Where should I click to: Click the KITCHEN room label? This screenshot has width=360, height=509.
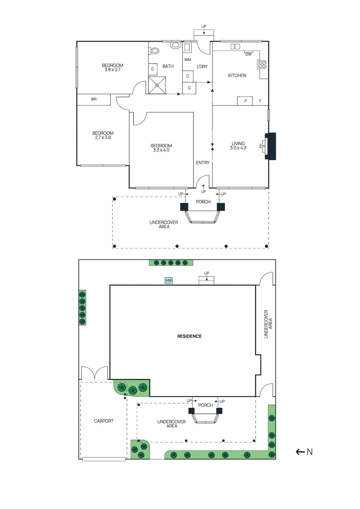tap(237, 75)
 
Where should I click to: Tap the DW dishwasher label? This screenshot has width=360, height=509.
tap(248, 54)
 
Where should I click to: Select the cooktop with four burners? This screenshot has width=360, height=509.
tap(262, 65)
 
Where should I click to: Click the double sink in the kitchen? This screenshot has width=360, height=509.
tap(235, 47)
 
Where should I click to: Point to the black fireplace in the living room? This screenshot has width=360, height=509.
tap(271, 146)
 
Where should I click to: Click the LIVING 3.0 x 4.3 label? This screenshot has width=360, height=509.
tap(238, 146)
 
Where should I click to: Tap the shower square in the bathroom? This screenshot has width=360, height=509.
tap(157, 85)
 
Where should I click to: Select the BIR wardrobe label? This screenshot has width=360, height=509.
tap(94, 99)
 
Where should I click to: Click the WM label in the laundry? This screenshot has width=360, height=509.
tap(187, 60)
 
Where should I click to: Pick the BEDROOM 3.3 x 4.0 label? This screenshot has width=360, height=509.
tap(161, 148)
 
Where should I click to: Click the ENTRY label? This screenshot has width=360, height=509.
tap(202, 163)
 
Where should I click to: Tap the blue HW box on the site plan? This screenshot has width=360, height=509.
tap(168, 281)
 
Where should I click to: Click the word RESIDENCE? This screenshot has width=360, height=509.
tap(189, 336)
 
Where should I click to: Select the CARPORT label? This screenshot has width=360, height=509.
tap(103, 421)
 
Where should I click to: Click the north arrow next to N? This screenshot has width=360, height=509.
tap(300, 452)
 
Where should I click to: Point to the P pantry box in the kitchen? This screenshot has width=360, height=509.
tap(245, 101)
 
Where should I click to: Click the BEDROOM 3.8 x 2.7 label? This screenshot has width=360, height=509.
tap(112, 67)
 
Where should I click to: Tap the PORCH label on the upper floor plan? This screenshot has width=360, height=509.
tap(203, 202)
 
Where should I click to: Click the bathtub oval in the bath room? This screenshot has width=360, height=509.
tap(155, 50)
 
